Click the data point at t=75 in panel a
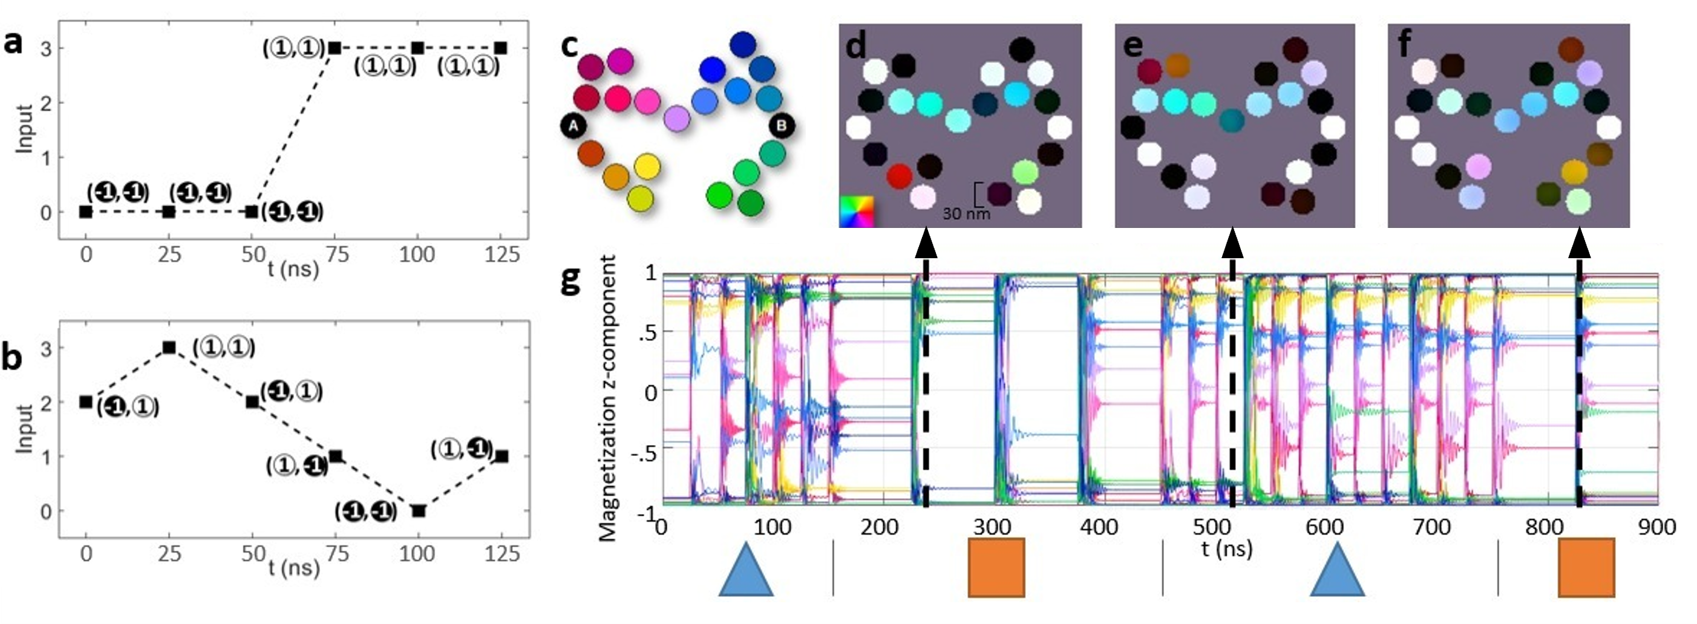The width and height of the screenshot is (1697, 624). pyautogui.click(x=335, y=48)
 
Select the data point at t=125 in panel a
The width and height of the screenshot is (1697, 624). pyautogui.click(x=501, y=48)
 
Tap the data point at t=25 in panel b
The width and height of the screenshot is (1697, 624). pyautogui.click(x=169, y=347)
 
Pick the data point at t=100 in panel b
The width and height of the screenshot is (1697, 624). pyautogui.click(x=418, y=511)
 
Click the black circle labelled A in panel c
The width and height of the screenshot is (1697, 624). pyautogui.click(x=573, y=126)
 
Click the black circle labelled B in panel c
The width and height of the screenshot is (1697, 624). pyautogui.click(x=782, y=126)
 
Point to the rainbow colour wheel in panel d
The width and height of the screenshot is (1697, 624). pyautogui.click(x=855, y=211)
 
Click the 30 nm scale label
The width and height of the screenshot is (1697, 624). pyautogui.click(x=966, y=214)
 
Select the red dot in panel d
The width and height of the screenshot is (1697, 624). pyautogui.click(x=898, y=176)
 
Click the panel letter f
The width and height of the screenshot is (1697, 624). pyautogui.click(x=1404, y=44)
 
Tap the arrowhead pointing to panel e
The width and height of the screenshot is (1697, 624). pyautogui.click(x=1232, y=244)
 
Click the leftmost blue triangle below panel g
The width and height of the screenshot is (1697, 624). pyautogui.click(x=746, y=570)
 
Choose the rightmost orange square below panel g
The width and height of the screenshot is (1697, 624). pyautogui.click(x=1586, y=567)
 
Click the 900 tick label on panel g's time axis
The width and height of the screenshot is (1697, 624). pyautogui.click(x=1657, y=527)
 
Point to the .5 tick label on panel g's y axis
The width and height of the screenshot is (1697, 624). pyautogui.click(x=647, y=332)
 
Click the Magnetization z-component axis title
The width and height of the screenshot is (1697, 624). pyautogui.click(x=608, y=398)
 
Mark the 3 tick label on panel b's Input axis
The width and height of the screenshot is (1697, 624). pyautogui.click(x=45, y=348)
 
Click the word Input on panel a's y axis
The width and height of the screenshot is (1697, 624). pyautogui.click(x=24, y=128)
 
